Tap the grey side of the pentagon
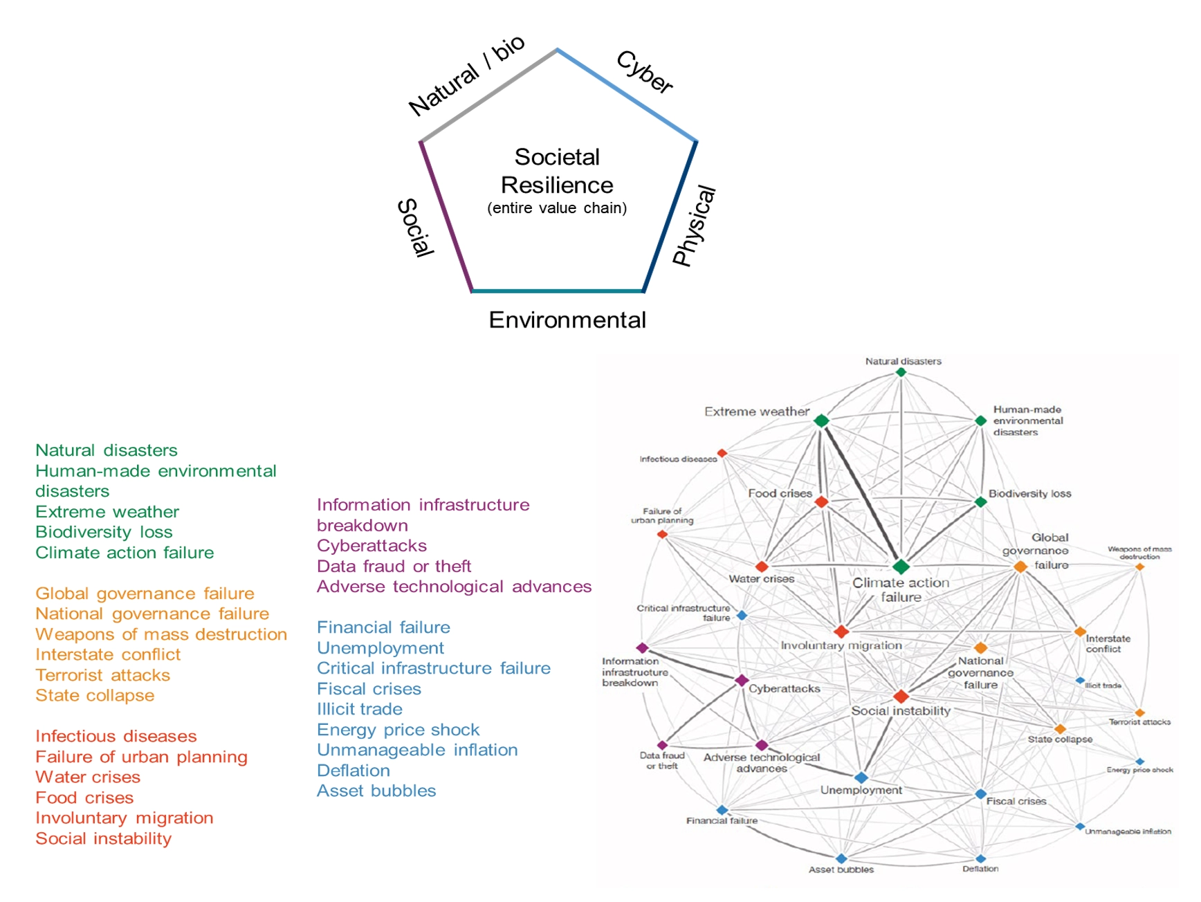pos(488,95)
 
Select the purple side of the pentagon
pos(446,216)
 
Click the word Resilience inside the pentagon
pos(557,185)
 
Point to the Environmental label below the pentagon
pos(567,320)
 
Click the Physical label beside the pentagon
pos(694,225)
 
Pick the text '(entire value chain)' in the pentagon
pos(557,208)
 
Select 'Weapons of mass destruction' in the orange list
pos(161,634)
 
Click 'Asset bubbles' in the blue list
pos(376,791)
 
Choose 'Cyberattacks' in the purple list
pos(372,546)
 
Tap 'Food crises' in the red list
pos(84,798)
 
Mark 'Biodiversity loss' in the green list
pos(104,532)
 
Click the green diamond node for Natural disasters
pos(901,372)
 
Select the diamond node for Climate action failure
pos(901,567)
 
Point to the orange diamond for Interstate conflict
pos(1079,632)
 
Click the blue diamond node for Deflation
pos(980,859)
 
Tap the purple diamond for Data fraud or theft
pos(662,745)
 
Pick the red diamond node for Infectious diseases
pos(722,453)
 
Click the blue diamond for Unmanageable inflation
pos(1079,827)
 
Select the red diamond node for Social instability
pos(901,696)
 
